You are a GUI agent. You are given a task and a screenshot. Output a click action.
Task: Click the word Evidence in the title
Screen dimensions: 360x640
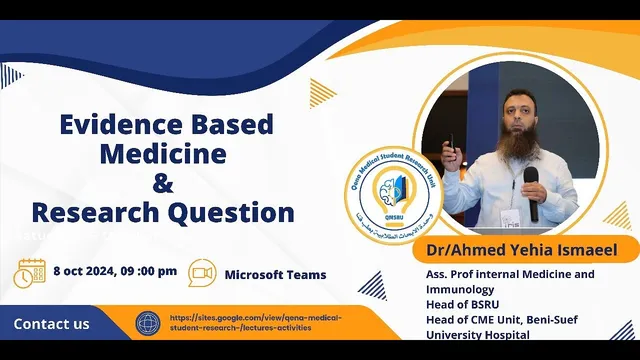coord(111,126)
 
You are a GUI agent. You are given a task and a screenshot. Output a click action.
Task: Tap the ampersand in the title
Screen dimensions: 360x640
coord(162,184)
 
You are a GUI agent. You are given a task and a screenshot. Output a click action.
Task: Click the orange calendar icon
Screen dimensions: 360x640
coord(31,273)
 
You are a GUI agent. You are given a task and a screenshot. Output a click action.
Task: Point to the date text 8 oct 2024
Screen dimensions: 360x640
coord(86,272)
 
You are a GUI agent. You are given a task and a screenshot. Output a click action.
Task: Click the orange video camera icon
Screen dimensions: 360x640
coord(202,273)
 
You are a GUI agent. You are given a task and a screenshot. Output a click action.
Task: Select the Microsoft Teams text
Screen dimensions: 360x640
coord(275,274)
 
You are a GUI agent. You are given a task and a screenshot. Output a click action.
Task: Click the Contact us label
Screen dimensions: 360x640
coord(51,324)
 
